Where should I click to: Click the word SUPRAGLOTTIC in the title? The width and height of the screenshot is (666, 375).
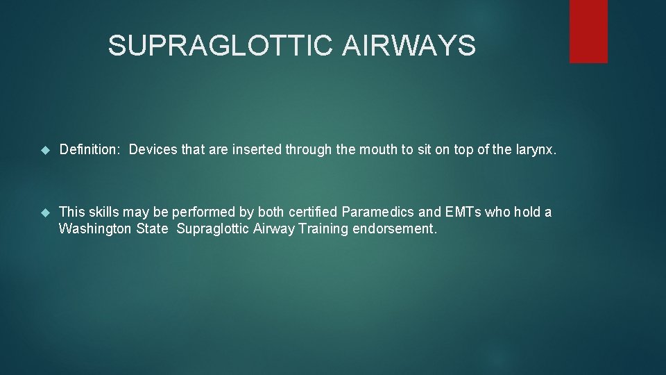click(x=221, y=47)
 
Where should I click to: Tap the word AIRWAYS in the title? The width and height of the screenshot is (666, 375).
click(x=409, y=47)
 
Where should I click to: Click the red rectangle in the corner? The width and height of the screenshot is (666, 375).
click(x=588, y=31)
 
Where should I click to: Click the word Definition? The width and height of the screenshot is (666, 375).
click(x=90, y=150)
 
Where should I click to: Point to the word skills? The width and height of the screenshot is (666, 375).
click(x=103, y=212)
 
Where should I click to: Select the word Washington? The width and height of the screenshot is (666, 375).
click(x=95, y=229)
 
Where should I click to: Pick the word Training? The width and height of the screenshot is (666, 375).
click(x=323, y=229)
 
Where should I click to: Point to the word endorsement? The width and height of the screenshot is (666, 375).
click(x=395, y=229)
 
